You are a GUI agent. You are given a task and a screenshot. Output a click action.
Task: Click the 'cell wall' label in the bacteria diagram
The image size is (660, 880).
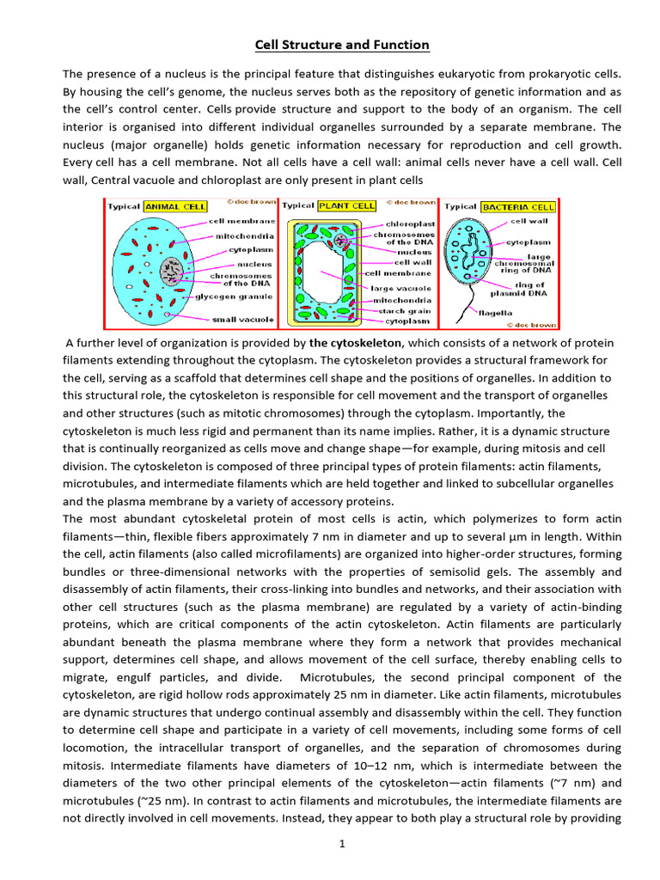531,221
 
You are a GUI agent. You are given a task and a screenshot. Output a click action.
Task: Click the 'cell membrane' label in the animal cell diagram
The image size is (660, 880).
242,221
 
